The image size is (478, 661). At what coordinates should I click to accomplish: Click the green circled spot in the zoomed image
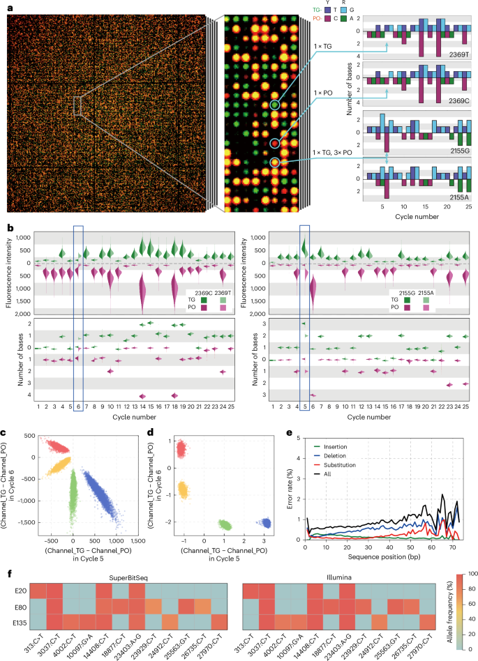point(275,105)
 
